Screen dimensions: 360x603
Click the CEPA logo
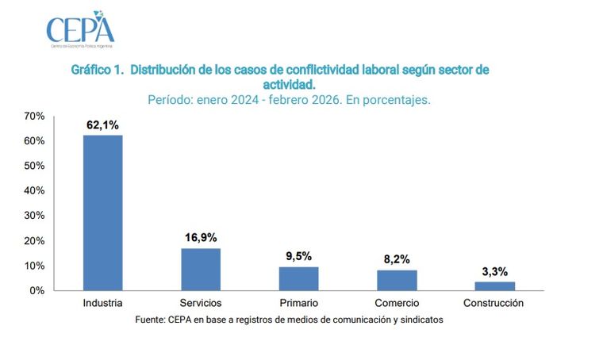pyautogui.click(x=80, y=29)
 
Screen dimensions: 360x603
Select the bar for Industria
pyautogui.click(x=103, y=213)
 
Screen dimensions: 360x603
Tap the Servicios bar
pyautogui.click(x=201, y=270)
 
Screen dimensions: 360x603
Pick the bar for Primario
pyautogui.click(x=298, y=278)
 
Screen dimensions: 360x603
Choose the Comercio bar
pyautogui.click(x=397, y=280)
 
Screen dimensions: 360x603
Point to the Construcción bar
pyautogui.click(x=494, y=286)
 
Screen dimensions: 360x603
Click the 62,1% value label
pyautogui.click(x=103, y=125)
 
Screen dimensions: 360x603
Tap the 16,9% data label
pyautogui.click(x=201, y=237)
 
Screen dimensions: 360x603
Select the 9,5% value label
pyautogui.click(x=298, y=256)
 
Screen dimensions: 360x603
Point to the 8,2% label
pyautogui.click(x=397, y=259)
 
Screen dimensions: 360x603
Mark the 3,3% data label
pyautogui.click(x=494, y=271)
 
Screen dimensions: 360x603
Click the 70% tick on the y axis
pyautogui.click(x=34, y=116)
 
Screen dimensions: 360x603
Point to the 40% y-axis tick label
pyautogui.click(x=34, y=190)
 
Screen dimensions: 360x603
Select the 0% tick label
pyautogui.click(x=36, y=290)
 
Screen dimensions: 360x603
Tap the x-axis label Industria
pyautogui.click(x=103, y=304)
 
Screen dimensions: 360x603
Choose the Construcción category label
pyautogui.click(x=494, y=304)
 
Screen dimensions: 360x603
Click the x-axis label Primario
pyautogui.click(x=298, y=304)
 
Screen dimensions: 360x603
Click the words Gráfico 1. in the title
pyautogui.click(x=98, y=70)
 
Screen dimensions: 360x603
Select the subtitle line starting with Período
pyautogui.click(x=289, y=100)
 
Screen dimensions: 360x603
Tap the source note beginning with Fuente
pyautogui.click(x=289, y=320)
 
